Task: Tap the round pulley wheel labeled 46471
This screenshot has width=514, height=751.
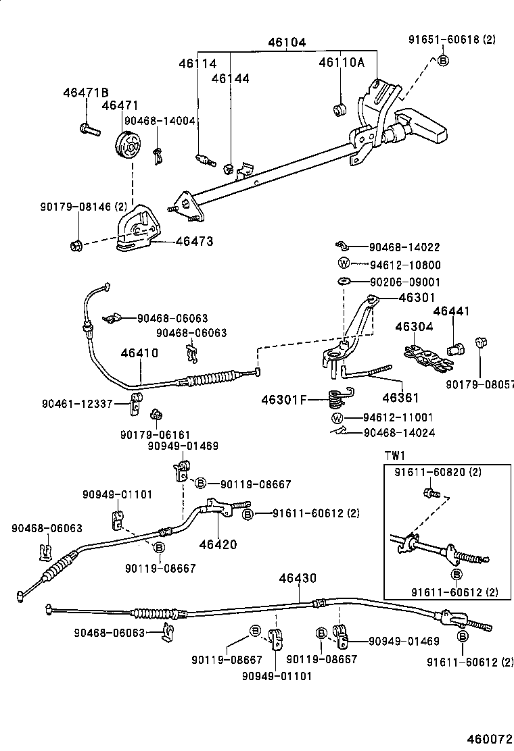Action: click(x=126, y=147)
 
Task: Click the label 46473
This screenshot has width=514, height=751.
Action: click(x=194, y=240)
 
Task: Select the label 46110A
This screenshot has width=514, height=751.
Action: click(x=342, y=63)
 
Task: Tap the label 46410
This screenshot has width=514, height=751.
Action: click(x=140, y=353)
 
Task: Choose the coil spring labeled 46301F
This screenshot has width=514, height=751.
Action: click(x=335, y=398)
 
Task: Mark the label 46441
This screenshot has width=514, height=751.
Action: click(x=451, y=311)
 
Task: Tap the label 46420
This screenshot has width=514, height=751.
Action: click(x=218, y=544)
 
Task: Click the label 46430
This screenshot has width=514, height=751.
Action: click(x=298, y=579)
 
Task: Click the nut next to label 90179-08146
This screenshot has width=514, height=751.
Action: click(x=76, y=243)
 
